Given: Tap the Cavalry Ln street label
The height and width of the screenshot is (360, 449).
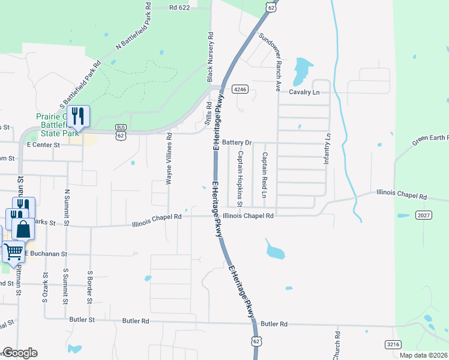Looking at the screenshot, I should [304, 92].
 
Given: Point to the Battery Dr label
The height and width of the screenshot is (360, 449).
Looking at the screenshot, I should [236, 143].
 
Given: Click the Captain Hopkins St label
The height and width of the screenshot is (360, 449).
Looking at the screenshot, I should [239, 178].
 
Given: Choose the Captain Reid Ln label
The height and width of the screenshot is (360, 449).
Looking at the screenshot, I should [264, 175].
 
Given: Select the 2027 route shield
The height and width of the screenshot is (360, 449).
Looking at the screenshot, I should [423, 215].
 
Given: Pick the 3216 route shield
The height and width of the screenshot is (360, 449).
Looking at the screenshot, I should [393, 344].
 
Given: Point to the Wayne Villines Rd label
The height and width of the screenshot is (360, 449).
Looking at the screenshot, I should [169, 158].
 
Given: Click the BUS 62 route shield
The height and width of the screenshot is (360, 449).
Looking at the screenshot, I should [121, 133].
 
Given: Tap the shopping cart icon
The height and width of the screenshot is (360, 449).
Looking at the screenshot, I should [13, 252].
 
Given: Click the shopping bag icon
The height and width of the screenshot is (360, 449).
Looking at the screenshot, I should [22, 229].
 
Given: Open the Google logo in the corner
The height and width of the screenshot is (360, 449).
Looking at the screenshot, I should [19, 353].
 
